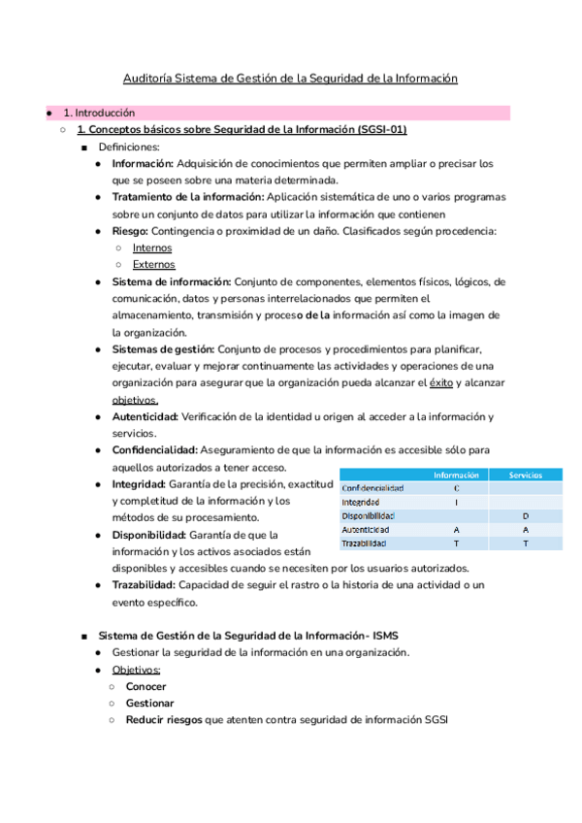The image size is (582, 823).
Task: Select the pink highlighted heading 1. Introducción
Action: click(99, 113)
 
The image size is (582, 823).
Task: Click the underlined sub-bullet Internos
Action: click(152, 247)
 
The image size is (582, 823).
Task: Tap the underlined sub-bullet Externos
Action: click(153, 264)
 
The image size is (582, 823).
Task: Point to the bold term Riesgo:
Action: click(130, 231)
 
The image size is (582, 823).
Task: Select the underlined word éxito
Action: click(442, 383)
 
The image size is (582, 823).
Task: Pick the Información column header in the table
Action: click(456, 475)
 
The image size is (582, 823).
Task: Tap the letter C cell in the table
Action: click(456, 488)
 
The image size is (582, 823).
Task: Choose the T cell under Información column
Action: click(456, 543)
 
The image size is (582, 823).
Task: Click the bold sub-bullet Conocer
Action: click(145, 686)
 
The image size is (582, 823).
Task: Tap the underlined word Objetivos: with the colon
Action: click(137, 670)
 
